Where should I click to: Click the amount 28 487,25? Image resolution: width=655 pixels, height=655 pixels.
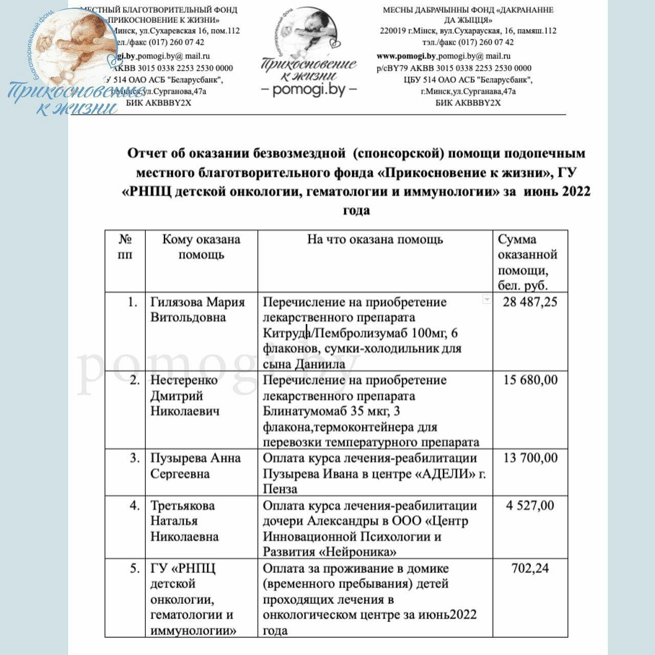tap(530, 302)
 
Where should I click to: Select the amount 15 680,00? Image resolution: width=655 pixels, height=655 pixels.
tap(530, 380)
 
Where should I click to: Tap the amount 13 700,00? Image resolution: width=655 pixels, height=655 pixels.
tap(530, 458)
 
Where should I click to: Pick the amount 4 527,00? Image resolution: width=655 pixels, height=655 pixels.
tap(530, 506)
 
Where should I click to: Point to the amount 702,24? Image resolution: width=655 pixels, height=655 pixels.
tap(530, 568)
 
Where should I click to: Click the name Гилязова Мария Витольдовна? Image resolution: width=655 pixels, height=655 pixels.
tap(198, 310)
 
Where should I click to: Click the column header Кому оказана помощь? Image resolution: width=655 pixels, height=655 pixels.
tap(201, 247)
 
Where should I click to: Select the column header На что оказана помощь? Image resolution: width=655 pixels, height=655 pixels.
tap(375, 239)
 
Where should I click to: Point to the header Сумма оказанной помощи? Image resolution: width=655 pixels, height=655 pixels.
tap(527, 262)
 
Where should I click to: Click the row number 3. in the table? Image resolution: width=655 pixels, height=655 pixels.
tap(135, 458)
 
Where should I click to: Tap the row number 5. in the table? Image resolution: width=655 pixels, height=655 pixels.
tap(135, 568)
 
